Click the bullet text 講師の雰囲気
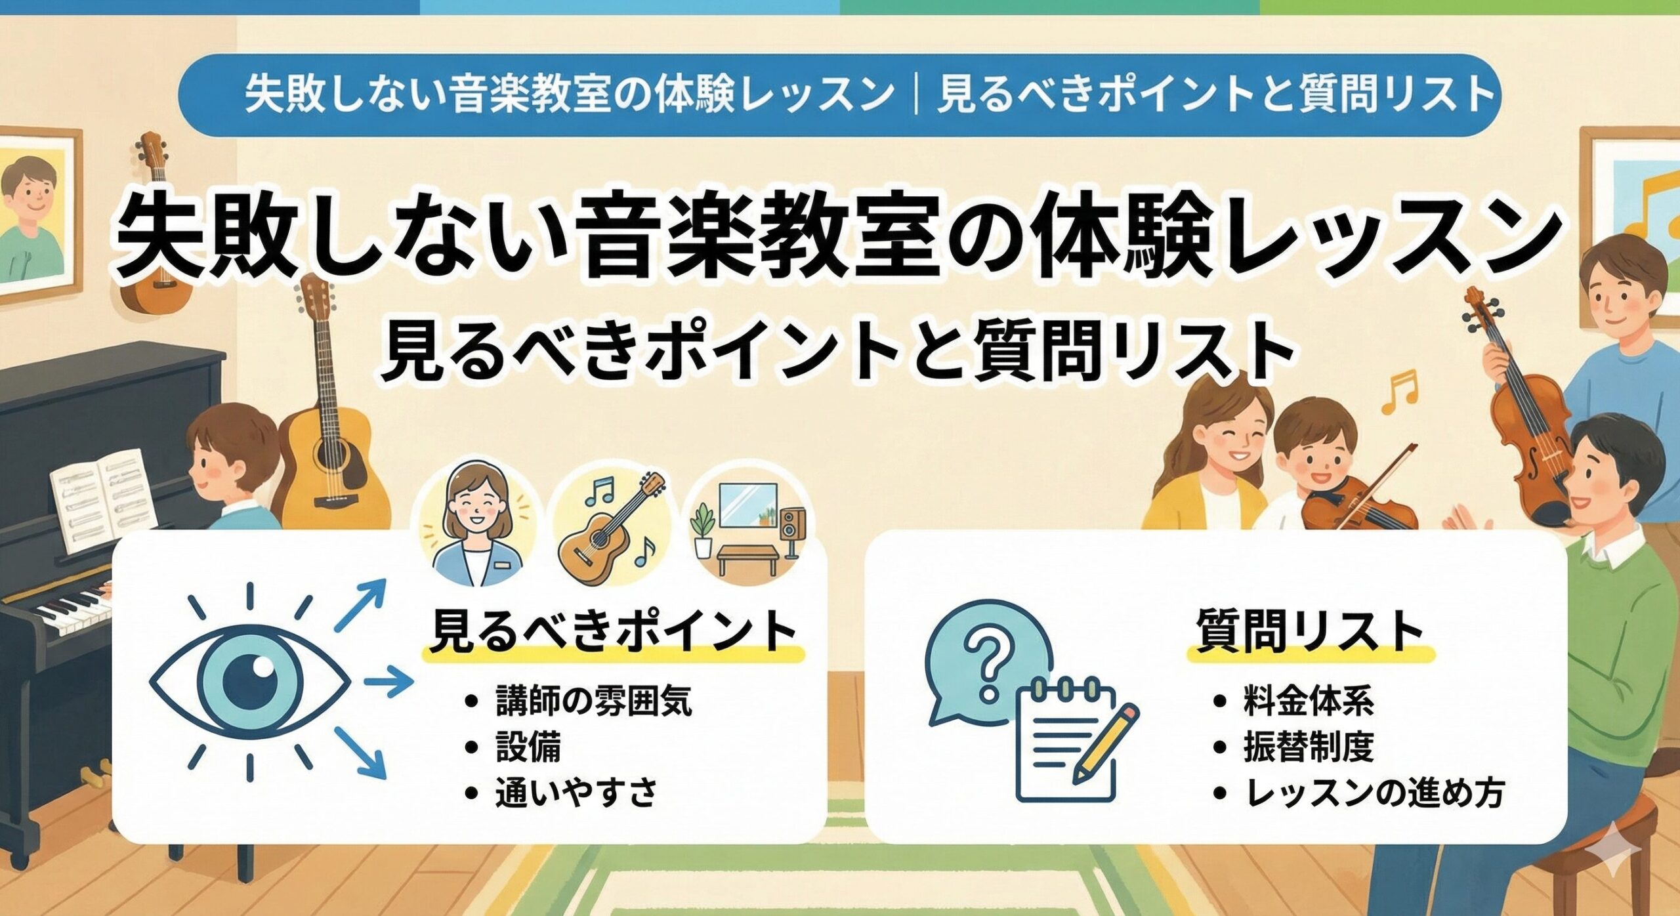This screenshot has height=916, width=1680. [593, 701]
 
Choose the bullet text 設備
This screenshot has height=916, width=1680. [528, 747]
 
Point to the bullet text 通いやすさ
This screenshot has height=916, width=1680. [576, 792]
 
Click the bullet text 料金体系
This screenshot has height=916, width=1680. [1309, 701]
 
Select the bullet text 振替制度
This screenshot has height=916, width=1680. [1309, 747]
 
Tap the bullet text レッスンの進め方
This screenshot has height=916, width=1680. [1374, 793]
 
